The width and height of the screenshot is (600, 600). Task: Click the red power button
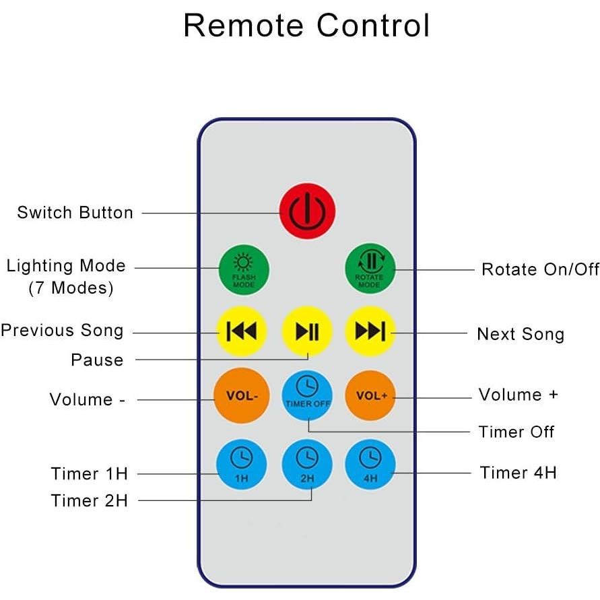click(x=307, y=210)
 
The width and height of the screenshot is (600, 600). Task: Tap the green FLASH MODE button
click(x=243, y=269)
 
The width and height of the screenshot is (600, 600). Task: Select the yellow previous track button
click(x=240, y=331)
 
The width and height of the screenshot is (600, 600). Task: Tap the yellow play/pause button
click(x=307, y=331)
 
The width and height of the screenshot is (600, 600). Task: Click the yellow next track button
click(x=370, y=331)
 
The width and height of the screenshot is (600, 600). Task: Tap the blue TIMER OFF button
click(x=307, y=394)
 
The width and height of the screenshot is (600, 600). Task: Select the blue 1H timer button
click(x=241, y=464)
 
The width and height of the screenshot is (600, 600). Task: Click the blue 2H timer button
click(x=307, y=464)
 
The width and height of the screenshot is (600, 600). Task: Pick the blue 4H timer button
click(x=370, y=464)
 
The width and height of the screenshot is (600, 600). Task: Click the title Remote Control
click(x=306, y=26)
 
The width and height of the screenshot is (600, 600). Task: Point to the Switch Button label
click(x=75, y=213)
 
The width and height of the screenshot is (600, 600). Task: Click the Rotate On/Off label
click(x=540, y=269)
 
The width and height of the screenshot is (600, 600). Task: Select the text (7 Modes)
click(x=71, y=288)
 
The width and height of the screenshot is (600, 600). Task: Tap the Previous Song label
click(x=62, y=331)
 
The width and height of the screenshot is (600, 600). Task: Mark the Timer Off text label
click(x=516, y=432)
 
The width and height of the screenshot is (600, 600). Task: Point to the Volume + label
click(x=518, y=395)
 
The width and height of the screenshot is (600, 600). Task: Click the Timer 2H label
click(x=89, y=501)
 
